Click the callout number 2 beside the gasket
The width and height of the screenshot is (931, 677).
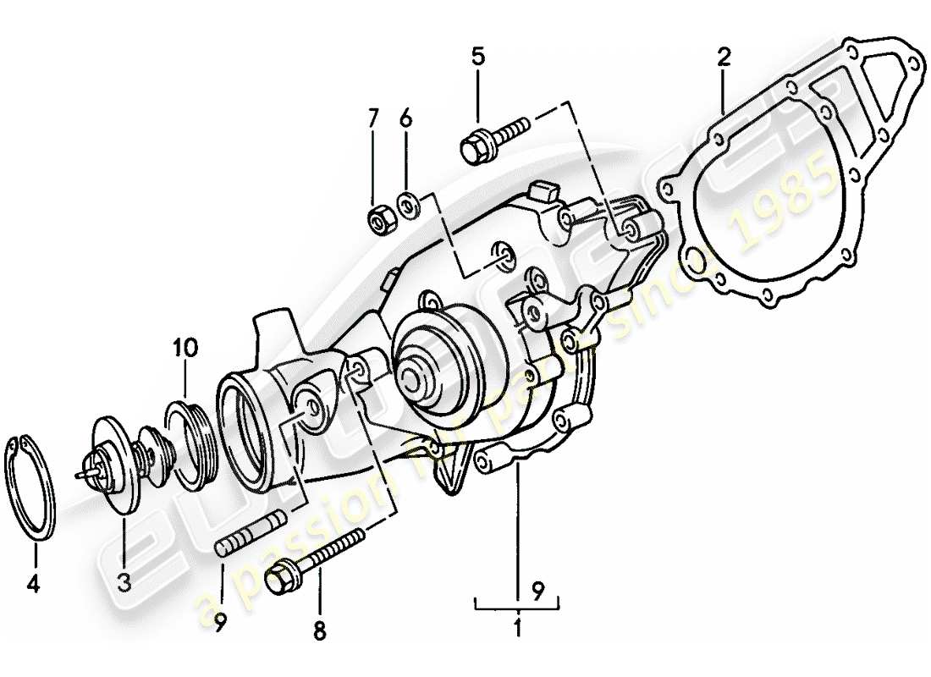[724, 57]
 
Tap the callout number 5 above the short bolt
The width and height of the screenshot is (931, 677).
[478, 57]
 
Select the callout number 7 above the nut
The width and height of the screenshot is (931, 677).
[373, 118]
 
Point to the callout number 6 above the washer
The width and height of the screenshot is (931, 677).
[405, 118]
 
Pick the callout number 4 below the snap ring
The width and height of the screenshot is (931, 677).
[35, 584]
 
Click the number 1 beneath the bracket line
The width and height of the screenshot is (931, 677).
[517, 629]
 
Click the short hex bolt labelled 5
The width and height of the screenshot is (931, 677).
[491, 140]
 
